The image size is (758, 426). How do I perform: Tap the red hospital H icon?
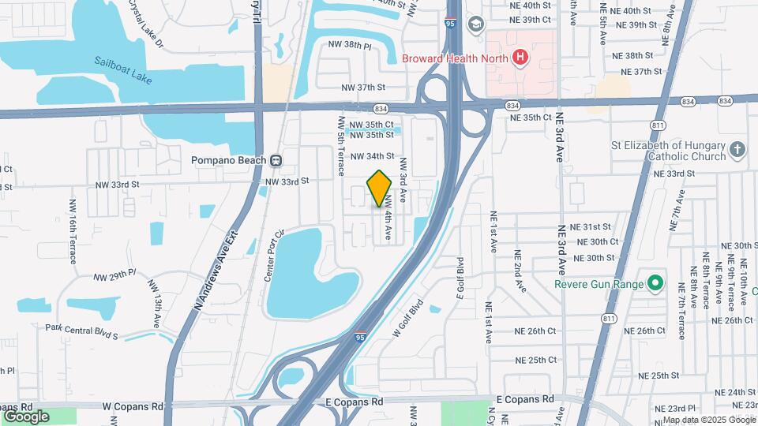(x=520, y=58)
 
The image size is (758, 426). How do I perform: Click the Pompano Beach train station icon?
(x=276, y=160)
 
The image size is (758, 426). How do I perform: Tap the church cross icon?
(x=737, y=150)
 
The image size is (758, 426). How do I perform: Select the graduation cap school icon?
(x=475, y=24)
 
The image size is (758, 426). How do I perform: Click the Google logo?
(x=26, y=417)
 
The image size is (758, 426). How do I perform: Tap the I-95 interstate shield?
(x=360, y=337)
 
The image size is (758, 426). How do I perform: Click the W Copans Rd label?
(x=132, y=406)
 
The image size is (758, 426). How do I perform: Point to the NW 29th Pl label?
(x=115, y=276)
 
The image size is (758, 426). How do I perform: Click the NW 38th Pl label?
(x=357, y=47)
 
